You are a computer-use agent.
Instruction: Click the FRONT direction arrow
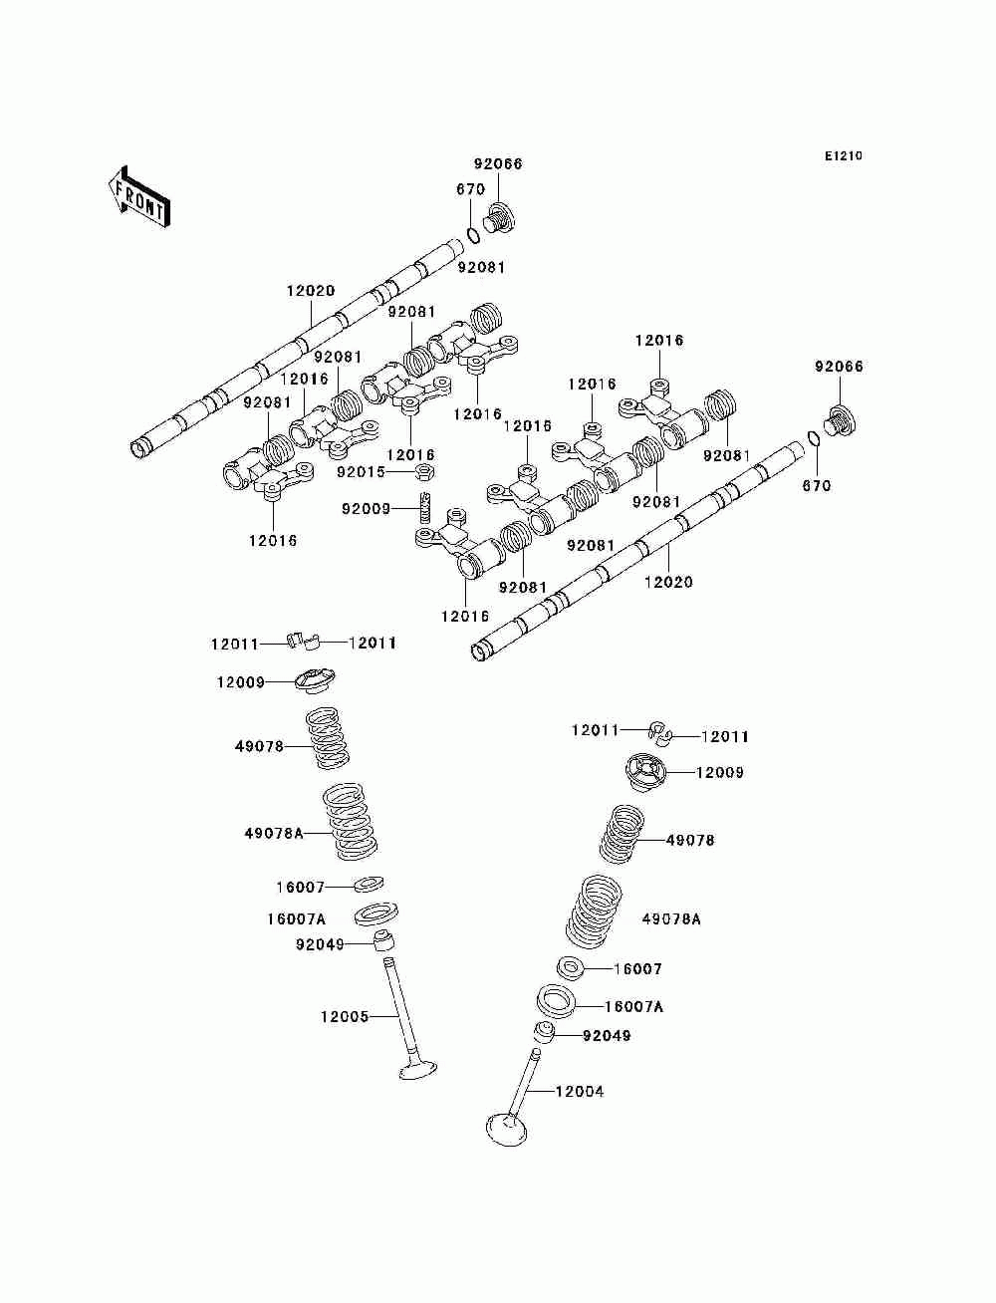tap(139, 196)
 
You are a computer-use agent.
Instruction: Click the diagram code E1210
tap(843, 156)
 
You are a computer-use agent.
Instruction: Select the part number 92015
tap(361, 472)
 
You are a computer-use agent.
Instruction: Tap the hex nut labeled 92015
tap(424, 472)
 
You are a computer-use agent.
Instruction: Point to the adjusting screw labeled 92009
tap(424, 507)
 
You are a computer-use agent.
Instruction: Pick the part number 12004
tap(580, 1092)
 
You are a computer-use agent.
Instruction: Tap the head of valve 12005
tap(418, 1070)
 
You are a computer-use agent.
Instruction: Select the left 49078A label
tap(274, 834)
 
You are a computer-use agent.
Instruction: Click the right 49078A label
tap(671, 919)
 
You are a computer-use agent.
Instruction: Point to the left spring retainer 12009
tap(315, 679)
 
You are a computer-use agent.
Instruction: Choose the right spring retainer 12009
tap(646, 773)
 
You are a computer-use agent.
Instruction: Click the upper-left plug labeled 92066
tap(501, 218)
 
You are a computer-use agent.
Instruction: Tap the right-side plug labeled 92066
tap(840, 421)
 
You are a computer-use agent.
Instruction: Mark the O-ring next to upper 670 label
tap(473, 235)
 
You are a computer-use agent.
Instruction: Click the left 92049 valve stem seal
tap(384, 940)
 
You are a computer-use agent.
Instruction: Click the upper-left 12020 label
tap(311, 291)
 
